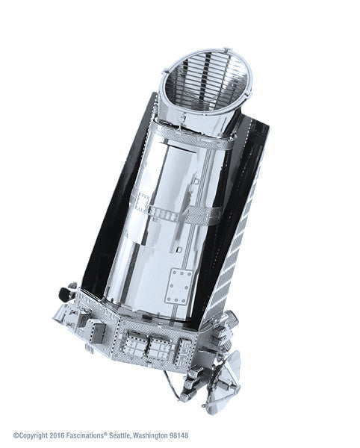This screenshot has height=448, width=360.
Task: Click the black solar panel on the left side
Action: [x=105, y=224]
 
